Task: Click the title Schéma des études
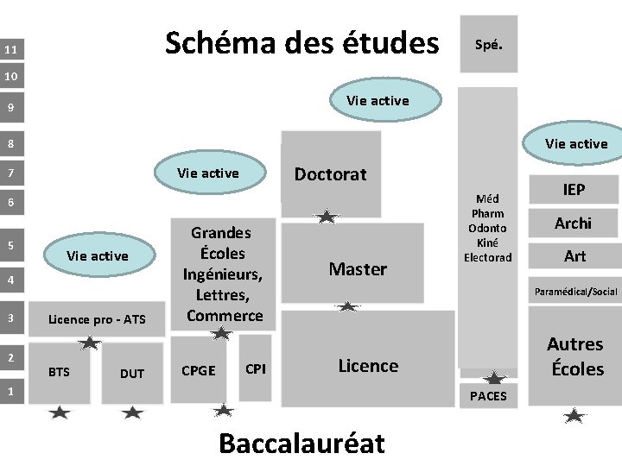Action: tap(301, 41)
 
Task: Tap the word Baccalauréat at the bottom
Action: tap(301, 443)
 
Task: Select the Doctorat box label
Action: tap(330, 174)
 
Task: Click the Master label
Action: tap(358, 269)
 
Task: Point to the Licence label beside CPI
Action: tap(368, 366)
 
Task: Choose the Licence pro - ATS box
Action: tap(97, 320)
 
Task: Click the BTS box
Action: tap(60, 373)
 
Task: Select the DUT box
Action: tap(132, 373)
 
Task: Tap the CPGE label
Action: tap(200, 371)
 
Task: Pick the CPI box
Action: tap(256, 369)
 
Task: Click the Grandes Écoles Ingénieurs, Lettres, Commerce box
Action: tap(220, 274)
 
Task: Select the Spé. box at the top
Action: tap(488, 45)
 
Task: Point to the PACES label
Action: tap(488, 396)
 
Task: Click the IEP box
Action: tap(574, 189)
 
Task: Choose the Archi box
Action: tap(574, 223)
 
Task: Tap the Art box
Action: tap(574, 255)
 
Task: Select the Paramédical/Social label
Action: tap(575, 292)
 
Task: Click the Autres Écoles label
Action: tap(574, 356)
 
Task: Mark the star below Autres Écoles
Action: tap(574, 416)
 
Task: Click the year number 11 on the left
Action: tap(10, 50)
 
